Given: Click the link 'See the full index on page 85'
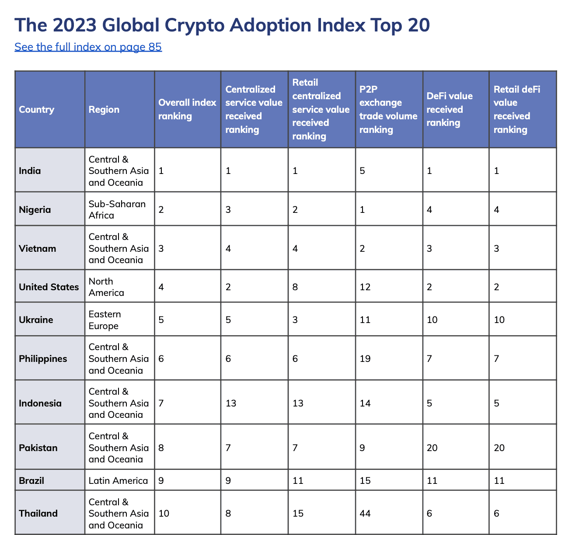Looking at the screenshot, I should tap(88, 47).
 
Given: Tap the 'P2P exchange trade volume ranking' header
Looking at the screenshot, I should tap(388, 109).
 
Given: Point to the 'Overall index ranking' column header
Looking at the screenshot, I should tap(187, 109).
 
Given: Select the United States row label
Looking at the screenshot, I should tap(49, 287).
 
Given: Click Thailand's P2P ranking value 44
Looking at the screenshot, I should tap(365, 513).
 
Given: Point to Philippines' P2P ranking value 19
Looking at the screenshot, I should tap(365, 359).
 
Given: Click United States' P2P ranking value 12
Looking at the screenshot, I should tap(365, 287).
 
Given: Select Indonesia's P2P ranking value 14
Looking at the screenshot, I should tap(365, 403).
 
